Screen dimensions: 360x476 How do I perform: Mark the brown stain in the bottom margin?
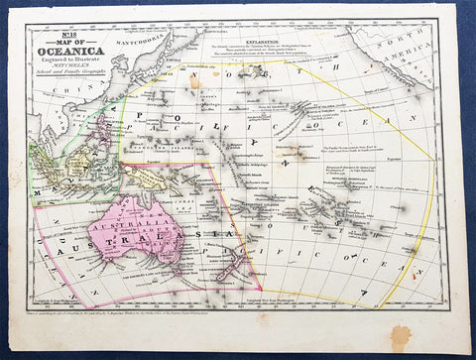pyautogui.click(x=401, y=336)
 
